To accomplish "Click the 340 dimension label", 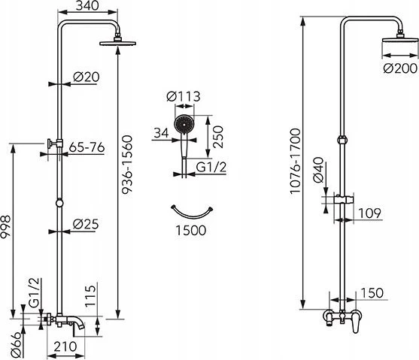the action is (87, 5).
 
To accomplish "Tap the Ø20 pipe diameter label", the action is (87, 77).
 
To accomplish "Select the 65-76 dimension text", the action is (87, 147).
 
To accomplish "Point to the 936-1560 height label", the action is (127, 165).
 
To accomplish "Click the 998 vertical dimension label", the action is (5, 227).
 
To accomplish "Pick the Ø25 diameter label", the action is (86, 224).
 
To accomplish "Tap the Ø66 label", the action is (16, 345).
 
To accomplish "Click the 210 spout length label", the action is (65, 346).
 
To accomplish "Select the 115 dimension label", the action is (90, 296).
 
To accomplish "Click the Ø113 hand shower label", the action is (184, 96).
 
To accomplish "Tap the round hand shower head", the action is (184, 124).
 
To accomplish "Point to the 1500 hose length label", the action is (191, 230).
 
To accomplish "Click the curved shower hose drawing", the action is (192, 215).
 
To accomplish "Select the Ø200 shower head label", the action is (400, 68).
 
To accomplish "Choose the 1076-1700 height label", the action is (296, 161).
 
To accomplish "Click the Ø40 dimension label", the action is (318, 170).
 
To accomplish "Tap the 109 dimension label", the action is (369, 213).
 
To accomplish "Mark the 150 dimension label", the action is (372, 293).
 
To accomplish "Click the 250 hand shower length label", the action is (218, 137).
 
